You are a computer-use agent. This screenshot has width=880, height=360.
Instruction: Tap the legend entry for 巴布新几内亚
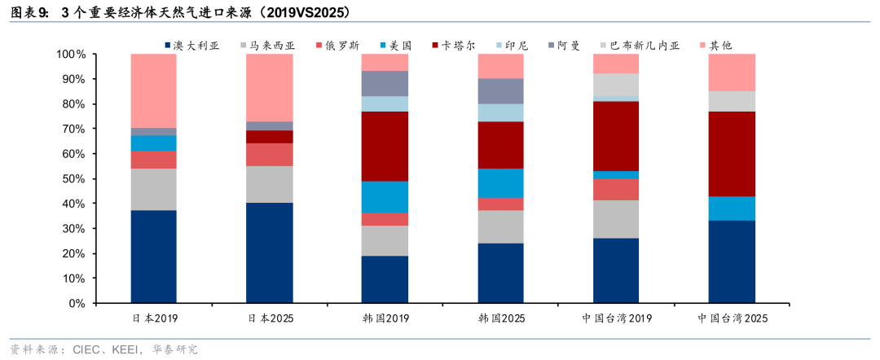tap(638, 46)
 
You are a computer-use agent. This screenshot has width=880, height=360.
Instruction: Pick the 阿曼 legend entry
tap(564, 46)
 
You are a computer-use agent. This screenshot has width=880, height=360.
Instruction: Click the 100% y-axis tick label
tap(71, 55)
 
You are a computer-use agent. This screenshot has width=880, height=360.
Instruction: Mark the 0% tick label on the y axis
tap(77, 303)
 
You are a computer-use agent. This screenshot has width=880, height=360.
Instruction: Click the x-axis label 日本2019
tap(154, 318)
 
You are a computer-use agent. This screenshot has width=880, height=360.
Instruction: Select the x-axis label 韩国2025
tap(500, 318)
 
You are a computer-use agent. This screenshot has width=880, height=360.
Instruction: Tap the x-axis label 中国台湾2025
tap(732, 318)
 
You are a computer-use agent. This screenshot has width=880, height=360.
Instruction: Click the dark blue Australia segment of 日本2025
tap(270, 253)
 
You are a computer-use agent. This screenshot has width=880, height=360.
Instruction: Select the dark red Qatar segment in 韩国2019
tap(385, 147)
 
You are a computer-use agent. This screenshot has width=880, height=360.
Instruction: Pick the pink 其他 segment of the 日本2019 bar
tap(154, 91)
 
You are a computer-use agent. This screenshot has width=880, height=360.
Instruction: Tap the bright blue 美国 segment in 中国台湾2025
tap(732, 209)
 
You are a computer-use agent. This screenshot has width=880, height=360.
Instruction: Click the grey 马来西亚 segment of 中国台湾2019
tap(616, 219)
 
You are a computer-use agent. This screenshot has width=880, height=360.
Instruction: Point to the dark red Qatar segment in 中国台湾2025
tap(732, 154)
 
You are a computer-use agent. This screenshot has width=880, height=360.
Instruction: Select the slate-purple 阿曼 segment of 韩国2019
tap(385, 84)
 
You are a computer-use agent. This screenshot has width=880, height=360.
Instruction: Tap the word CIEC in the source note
tap(86, 350)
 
